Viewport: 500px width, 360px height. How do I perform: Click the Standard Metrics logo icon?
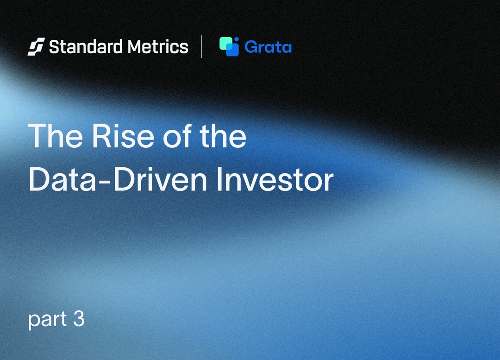pos(36,47)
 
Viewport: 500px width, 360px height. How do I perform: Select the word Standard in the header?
pos(86,47)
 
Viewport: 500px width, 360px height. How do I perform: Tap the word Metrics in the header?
pos(158,47)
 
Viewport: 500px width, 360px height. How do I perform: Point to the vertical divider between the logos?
pos(202,47)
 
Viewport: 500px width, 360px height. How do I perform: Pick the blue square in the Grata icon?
pos(232,50)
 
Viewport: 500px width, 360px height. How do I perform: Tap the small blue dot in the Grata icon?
pos(237,39)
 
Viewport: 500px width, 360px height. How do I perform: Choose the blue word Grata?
pos(268,47)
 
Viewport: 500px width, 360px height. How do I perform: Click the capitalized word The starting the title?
pos(56,136)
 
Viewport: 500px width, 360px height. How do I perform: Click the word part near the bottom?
pos(47,320)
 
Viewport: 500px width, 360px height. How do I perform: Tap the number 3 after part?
pos(79,318)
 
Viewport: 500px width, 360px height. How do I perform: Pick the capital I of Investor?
pos(219,179)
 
